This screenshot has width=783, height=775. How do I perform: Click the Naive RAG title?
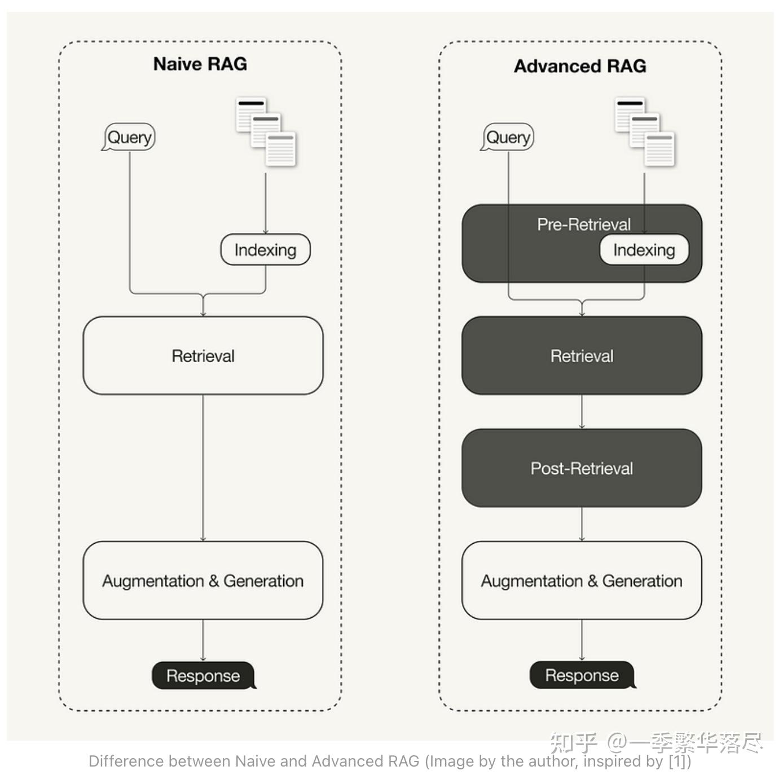pos(200,64)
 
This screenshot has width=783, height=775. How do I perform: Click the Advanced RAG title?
pos(580,66)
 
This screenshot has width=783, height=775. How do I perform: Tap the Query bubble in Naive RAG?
pos(129,137)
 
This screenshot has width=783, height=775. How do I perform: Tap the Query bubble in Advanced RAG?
pos(508,137)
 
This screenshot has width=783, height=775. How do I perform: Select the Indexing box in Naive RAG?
pos(265,250)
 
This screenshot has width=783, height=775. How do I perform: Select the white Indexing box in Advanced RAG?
pos(644,250)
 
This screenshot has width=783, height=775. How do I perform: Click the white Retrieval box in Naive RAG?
pos(203,356)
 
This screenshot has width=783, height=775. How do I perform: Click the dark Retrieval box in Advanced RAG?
pos(582,356)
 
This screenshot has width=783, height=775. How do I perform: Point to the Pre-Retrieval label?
pos(583,224)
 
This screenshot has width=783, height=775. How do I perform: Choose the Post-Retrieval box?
pos(582,468)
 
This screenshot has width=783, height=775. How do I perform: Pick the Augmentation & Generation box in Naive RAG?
pos(203,580)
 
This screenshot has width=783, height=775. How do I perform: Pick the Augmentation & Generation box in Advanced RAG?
pos(582,580)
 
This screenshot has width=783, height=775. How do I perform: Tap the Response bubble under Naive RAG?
pos(203,675)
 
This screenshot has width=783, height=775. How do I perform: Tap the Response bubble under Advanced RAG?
pos(582,675)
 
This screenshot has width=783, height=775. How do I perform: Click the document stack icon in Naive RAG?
pos(266,132)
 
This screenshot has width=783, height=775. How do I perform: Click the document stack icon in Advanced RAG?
pos(644,132)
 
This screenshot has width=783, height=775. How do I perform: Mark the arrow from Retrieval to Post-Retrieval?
pos(582,412)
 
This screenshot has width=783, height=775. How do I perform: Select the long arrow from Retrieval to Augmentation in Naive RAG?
pos(203,468)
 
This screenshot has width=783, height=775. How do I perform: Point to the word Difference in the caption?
pos(125,761)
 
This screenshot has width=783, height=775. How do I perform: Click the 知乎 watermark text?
pos(573,742)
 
